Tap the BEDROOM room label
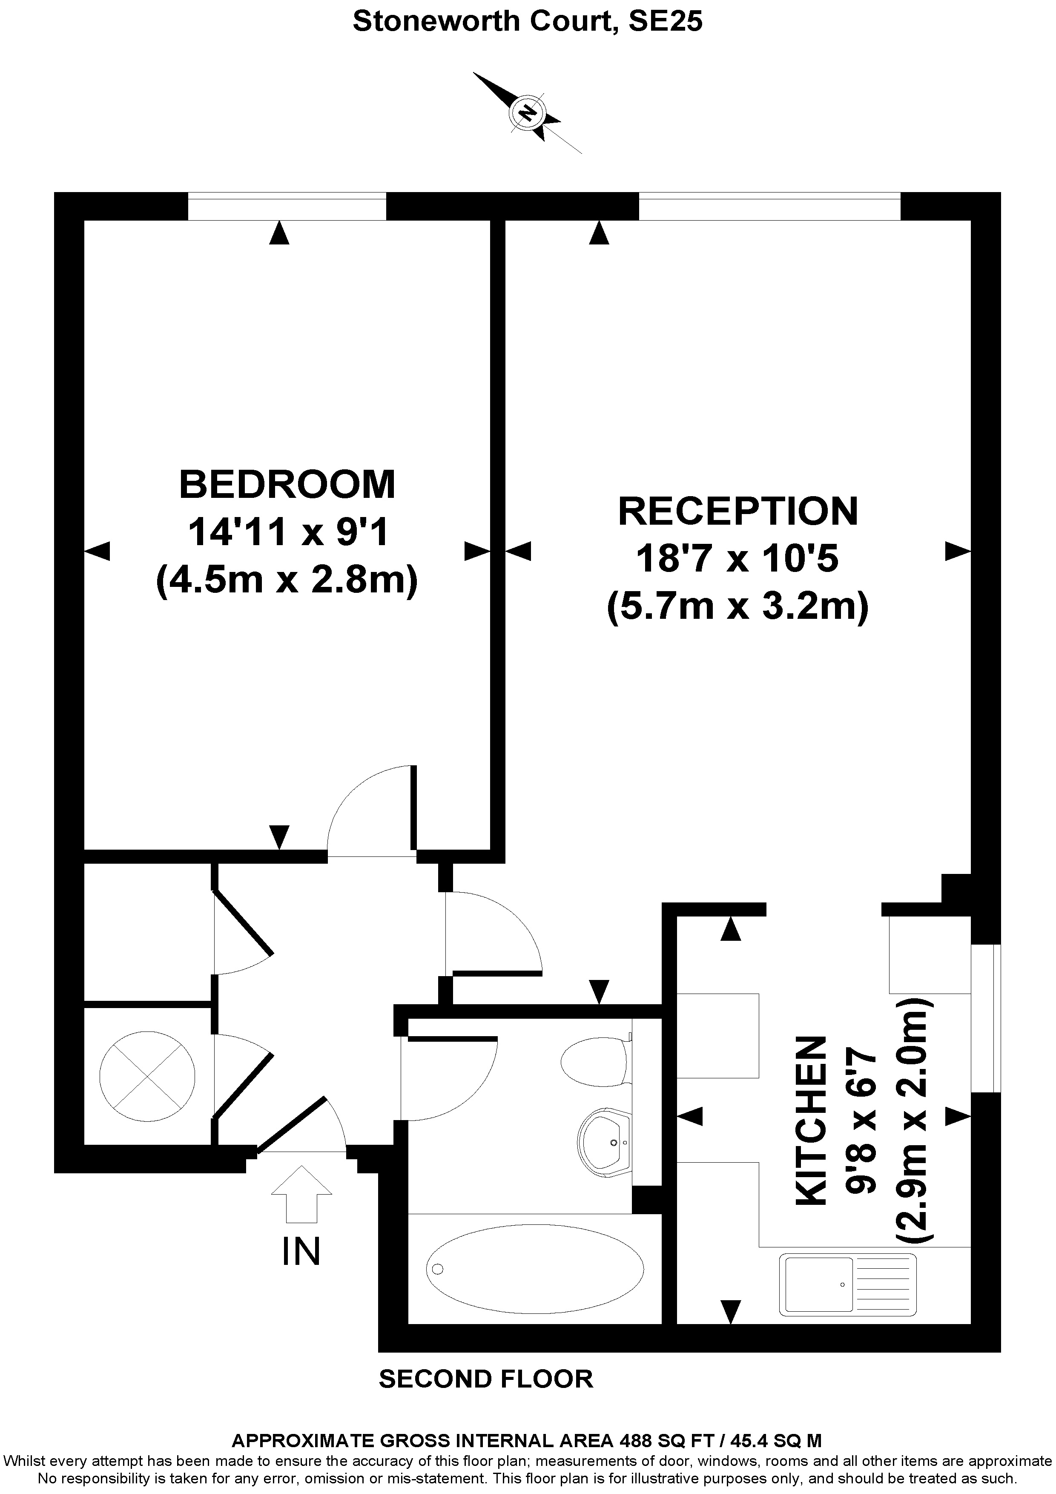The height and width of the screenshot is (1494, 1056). coord(287,485)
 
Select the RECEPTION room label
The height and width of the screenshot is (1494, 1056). coord(738,511)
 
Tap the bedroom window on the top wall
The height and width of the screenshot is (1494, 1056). coord(287,206)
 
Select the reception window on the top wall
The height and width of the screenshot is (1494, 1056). coord(769,206)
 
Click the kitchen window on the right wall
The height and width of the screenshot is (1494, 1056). coord(985,1018)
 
